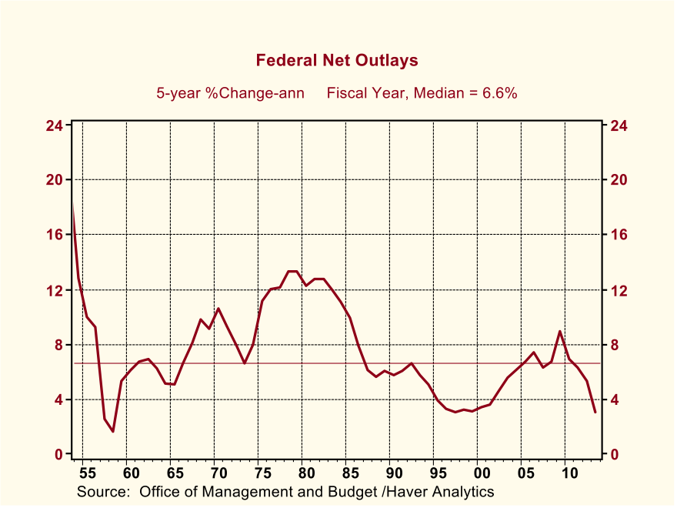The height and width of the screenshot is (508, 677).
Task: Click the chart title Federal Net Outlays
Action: [x=337, y=60]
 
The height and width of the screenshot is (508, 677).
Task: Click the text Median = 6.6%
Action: [x=465, y=93]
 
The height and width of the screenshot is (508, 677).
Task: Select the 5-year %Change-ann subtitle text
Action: [x=230, y=93]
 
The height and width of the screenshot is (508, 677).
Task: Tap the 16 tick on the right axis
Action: [x=619, y=235]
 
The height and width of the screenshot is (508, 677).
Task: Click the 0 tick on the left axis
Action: [x=58, y=455]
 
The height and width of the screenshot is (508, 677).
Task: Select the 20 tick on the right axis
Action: [x=619, y=180]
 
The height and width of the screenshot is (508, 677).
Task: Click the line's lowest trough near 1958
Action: [x=113, y=431]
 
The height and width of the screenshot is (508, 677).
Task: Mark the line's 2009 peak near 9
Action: [x=560, y=332]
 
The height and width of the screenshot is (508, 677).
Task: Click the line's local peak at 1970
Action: [x=218, y=309]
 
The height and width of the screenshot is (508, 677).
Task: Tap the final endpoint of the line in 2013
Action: [x=595, y=413]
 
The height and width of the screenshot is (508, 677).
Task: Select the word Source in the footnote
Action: [x=103, y=491]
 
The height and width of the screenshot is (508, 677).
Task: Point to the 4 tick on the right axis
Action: [x=615, y=400]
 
